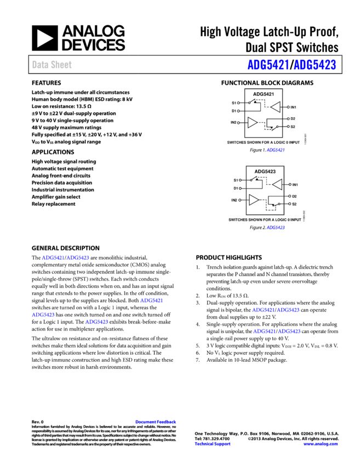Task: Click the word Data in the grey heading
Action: (x=40, y=65)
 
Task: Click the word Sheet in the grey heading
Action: (x=61, y=65)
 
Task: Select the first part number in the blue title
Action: (x=268, y=65)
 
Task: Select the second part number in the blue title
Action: (x=315, y=65)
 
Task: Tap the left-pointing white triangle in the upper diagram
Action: (x=275, y=107)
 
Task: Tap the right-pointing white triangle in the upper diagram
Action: (x=252, y=122)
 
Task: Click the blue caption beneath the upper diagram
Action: (x=276, y=150)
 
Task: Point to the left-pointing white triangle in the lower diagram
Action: (x=277, y=184)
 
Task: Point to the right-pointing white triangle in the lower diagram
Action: (x=254, y=200)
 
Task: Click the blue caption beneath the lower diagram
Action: (x=276, y=228)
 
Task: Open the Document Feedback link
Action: (x=156, y=422)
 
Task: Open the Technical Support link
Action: (x=212, y=444)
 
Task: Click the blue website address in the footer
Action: (x=320, y=444)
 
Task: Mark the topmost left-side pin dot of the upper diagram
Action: (x=238, y=103)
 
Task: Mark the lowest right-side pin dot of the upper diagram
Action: (x=288, y=127)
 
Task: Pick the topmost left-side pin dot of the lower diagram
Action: (x=240, y=180)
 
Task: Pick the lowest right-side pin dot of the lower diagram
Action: (x=290, y=204)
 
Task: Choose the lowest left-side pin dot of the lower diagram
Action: (x=240, y=200)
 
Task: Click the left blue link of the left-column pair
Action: (x=53, y=258)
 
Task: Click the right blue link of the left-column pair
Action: (x=78, y=258)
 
